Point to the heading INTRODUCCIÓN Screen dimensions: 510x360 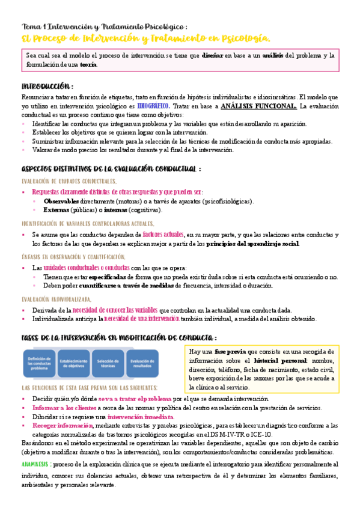pos(47,85)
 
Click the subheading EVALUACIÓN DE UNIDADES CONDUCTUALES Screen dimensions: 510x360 pos(69,181)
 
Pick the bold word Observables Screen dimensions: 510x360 pos(61,201)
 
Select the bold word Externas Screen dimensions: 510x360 pos(56,210)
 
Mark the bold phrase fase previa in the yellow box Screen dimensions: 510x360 pos(230,351)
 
